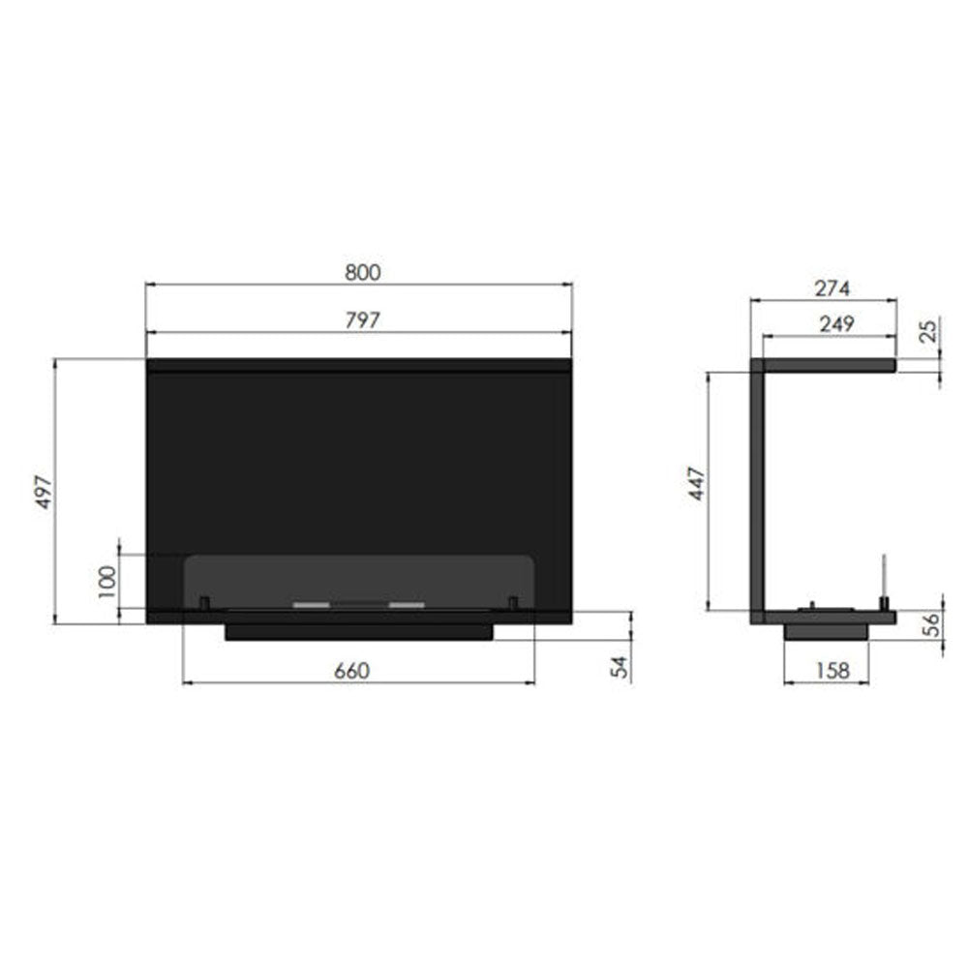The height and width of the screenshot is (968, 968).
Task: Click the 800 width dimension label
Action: click(x=362, y=272)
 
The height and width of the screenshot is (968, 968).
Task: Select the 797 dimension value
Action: click(x=362, y=319)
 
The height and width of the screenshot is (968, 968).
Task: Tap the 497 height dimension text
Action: click(x=44, y=492)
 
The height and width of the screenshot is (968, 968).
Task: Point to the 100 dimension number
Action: click(x=106, y=582)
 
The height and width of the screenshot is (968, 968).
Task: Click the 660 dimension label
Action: click(x=352, y=671)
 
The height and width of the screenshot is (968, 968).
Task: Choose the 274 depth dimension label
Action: click(x=832, y=288)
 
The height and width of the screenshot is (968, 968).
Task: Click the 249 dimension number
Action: click(x=836, y=323)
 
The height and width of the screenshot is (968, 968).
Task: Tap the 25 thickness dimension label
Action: click(x=928, y=331)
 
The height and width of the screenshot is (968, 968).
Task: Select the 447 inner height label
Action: click(x=696, y=483)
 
